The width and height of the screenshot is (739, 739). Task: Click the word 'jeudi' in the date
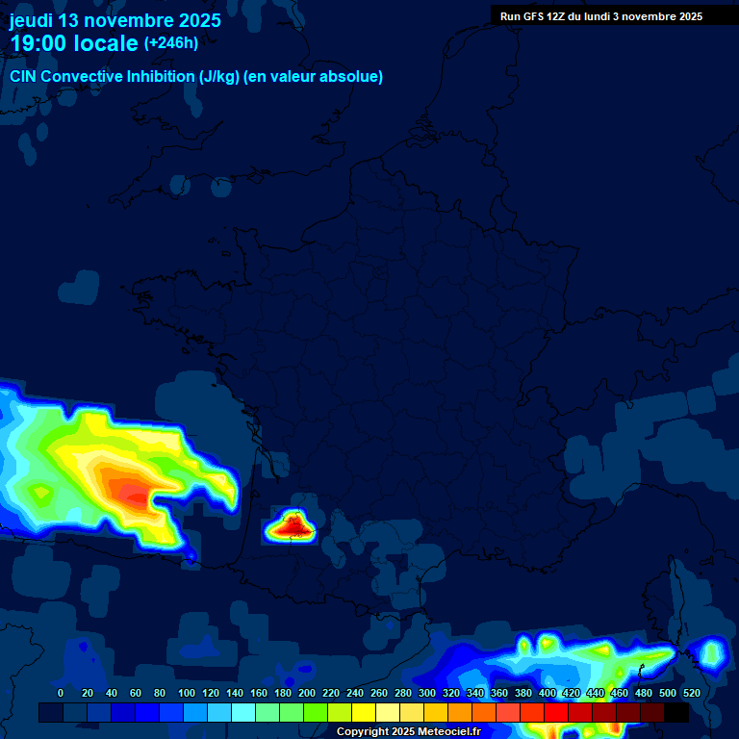(32, 20)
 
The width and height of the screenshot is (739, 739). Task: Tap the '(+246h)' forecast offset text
(171, 43)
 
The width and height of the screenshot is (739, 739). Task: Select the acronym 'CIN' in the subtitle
(23, 77)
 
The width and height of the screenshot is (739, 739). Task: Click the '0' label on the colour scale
(61, 693)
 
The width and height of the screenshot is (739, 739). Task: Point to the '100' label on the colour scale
(187, 693)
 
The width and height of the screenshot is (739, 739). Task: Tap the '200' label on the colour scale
(307, 693)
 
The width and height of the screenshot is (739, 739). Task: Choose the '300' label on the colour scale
(427, 693)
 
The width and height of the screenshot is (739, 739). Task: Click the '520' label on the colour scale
(691, 693)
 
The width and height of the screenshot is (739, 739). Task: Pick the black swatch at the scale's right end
(676, 712)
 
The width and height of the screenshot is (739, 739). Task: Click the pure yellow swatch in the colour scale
(364, 712)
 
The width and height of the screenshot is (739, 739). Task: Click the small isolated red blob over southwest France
(292, 526)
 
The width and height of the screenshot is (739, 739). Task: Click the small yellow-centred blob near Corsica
(712, 654)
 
